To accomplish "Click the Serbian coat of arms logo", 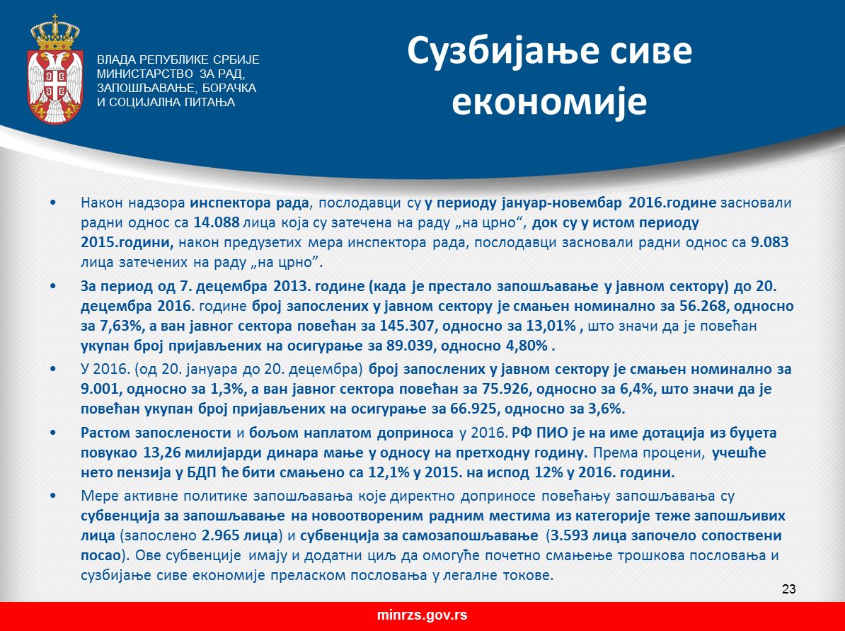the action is pos(55,70).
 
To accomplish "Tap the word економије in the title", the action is pos(549,101).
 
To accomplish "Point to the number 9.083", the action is pos(769,242).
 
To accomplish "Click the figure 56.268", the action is pos(705,307).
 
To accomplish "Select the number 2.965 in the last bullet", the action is pos(221,536).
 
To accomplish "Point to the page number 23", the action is pos(789,589).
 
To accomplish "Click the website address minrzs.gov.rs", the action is pos(423,615).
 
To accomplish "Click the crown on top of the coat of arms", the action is pos(55,33).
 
